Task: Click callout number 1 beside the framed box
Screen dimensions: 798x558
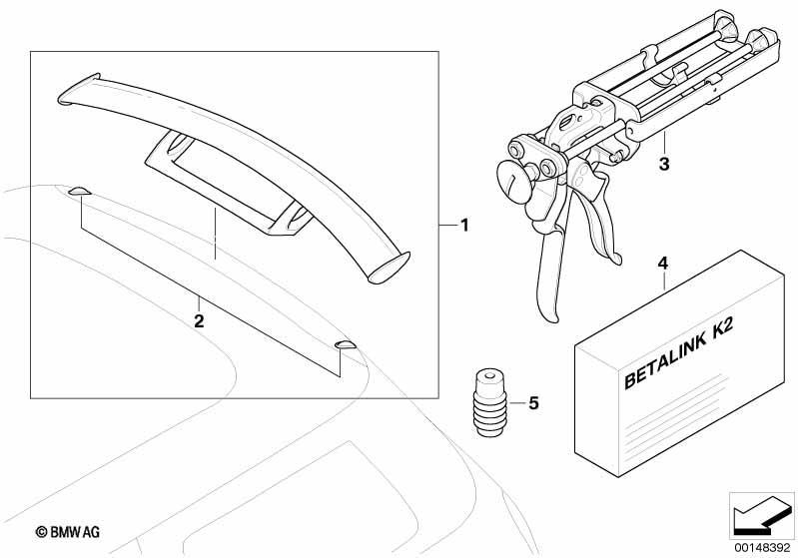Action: (464, 225)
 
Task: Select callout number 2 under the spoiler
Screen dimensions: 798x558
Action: (199, 321)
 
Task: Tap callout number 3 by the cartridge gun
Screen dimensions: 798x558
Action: (664, 164)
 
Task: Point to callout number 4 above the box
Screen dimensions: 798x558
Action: (662, 264)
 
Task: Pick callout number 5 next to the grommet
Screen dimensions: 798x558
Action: (533, 403)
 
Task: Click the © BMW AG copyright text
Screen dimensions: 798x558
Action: (68, 532)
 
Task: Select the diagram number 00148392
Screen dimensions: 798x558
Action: (762, 548)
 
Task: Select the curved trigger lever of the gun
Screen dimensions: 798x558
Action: (602, 220)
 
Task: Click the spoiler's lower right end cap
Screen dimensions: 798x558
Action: (389, 268)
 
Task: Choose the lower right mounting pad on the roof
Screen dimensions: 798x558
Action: (347, 345)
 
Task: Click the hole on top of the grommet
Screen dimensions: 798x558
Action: (489, 377)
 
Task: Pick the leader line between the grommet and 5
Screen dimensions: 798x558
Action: (517, 403)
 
